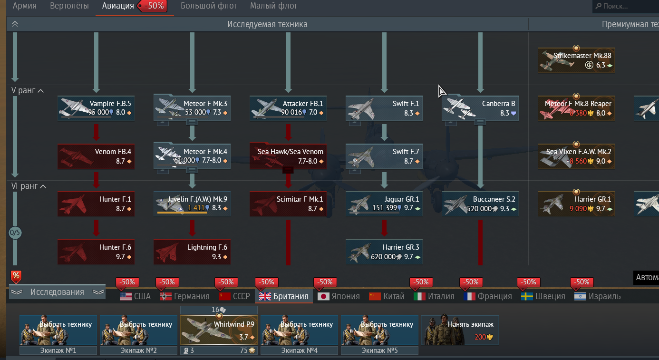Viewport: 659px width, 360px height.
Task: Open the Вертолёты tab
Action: [x=69, y=6]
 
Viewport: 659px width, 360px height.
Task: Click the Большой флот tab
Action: [x=209, y=6]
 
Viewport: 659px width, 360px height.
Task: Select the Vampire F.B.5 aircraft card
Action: [x=96, y=108]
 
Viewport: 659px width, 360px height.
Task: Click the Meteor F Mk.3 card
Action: [x=192, y=108]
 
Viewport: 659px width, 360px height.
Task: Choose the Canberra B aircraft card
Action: [x=480, y=108]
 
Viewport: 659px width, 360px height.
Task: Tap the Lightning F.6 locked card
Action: [x=192, y=252]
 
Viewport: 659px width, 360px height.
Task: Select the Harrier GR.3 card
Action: [x=384, y=252]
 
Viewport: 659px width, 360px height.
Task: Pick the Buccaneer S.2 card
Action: [x=480, y=204]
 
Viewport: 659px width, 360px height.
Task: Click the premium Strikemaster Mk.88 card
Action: [x=576, y=60]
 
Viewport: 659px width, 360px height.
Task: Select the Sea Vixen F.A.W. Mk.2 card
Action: [x=576, y=156]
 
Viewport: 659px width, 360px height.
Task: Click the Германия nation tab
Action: [x=184, y=296]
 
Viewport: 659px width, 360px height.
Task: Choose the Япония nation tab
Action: [x=339, y=296]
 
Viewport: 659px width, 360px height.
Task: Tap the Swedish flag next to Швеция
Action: [x=527, y=296]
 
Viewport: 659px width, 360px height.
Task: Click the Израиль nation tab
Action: [x=598, y=296]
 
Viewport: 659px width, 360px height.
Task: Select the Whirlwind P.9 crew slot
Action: [x=219, y=330]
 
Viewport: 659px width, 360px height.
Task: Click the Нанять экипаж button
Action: [x=460, y=330]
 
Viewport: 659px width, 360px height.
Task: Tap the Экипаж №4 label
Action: [x=299, y=350]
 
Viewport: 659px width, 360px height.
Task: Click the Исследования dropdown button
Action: [x=58, y=292]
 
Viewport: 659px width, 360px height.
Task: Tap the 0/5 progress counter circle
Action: [x=15, y=233]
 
